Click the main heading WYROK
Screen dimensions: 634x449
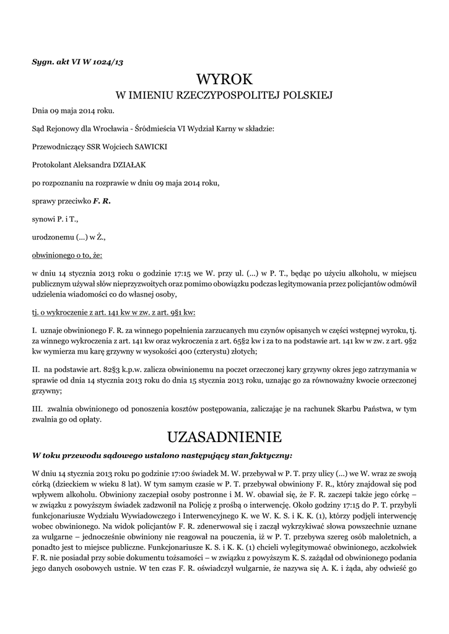tap(224, 80)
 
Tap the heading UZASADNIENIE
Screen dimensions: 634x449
tap(224, 437)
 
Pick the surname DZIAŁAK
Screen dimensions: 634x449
tap(127, 165)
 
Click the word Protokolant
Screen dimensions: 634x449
tap(53, 165)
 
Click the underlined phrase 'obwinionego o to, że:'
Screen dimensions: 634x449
tap(67, 255)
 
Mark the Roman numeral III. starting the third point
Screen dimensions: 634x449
tap(37, 409)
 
